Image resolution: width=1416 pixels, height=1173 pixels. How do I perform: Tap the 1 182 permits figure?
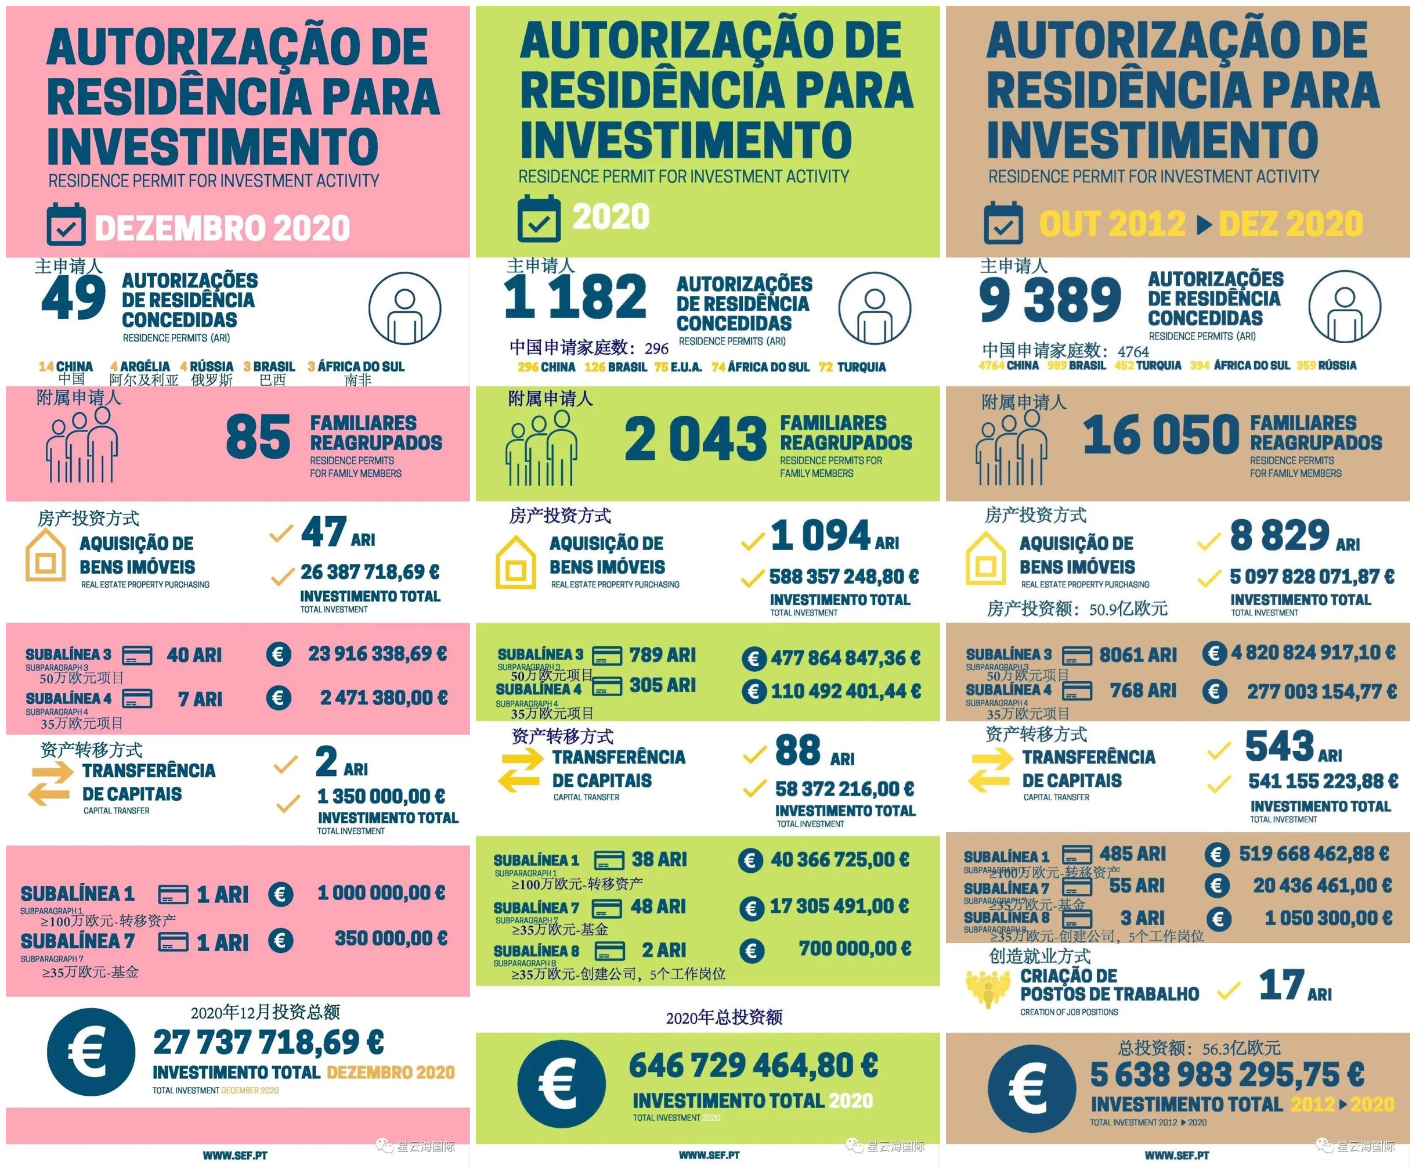coord(575,297)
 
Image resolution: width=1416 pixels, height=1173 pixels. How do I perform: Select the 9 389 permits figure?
coord(1050,300)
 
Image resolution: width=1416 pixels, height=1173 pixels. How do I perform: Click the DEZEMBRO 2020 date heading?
coord(222,228)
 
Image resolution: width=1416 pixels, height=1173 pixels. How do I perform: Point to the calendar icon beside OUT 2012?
coord(1003,223)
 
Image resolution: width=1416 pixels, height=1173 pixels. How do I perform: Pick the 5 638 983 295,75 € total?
coord(1227,1074)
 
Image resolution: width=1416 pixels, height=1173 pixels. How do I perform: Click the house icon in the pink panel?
coord(46,556)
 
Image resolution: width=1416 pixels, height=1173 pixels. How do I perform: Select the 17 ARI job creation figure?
coord(1295,985)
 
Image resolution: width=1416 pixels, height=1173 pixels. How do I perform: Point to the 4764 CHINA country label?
coord(1009,366)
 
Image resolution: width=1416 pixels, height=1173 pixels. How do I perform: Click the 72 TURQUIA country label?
coord(853,367)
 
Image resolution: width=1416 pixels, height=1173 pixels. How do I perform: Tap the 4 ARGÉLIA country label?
coord(140,366)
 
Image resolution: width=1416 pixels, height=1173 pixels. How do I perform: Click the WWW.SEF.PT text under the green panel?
coord(709,1156)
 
